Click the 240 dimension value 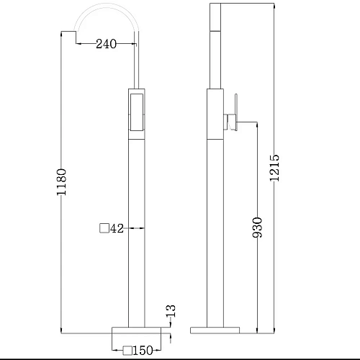pos(106,44)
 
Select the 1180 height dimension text pos(61,182)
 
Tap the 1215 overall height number pos(274,168)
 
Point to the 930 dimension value pos(257,228)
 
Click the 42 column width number pos(117,228)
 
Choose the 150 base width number pos(143,351)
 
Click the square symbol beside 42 pos(104,228)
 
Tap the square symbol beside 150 pos(127,351)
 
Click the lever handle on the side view pos(236,112)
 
